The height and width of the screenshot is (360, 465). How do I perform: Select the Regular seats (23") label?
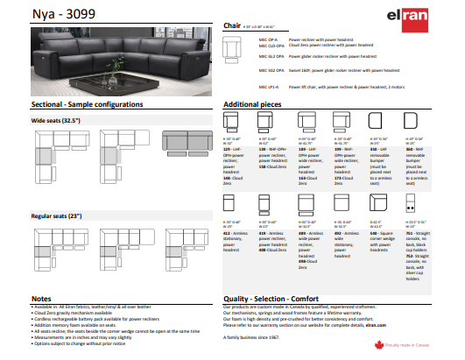[x=56, y=215]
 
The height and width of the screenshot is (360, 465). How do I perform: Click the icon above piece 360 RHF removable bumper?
[x=412, y=124]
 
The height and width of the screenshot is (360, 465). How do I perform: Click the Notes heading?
[x=42, y=300]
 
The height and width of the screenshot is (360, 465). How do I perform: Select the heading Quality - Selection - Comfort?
[x=282, y=300]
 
